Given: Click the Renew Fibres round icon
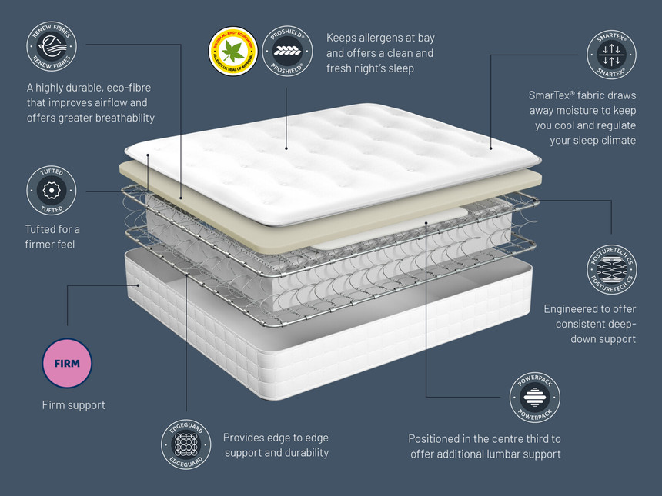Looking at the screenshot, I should tap(51, 44).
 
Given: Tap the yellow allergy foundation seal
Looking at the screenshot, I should tap(233, 52).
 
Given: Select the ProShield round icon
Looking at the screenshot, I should tap(288, 52).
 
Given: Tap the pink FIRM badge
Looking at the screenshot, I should tap(67, 363).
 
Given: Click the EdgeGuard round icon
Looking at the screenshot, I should tap(186, 445).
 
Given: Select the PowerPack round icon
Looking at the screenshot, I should tap(534, 398).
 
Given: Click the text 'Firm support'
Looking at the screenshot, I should tap(73, 405).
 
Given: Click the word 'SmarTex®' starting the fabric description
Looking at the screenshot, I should tap(553, 95).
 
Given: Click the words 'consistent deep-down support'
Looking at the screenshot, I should tap(590, 331).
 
